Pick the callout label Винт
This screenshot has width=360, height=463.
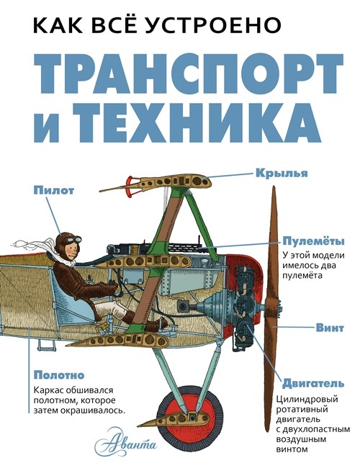[328, 327]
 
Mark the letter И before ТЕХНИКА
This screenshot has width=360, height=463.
[56, 127]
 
